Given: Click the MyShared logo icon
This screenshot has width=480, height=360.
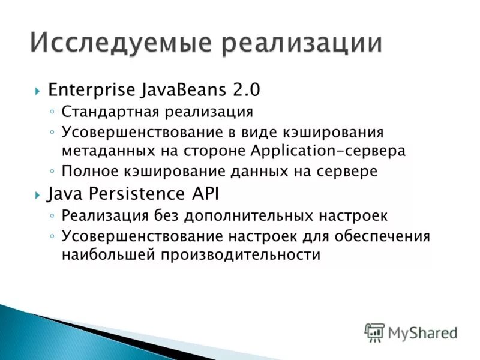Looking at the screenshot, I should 374,332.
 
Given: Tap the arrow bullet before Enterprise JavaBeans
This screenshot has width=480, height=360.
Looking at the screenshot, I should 37,91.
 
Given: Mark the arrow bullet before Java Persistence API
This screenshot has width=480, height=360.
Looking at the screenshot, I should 37,194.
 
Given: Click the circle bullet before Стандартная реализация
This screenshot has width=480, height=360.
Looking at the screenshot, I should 53,112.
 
